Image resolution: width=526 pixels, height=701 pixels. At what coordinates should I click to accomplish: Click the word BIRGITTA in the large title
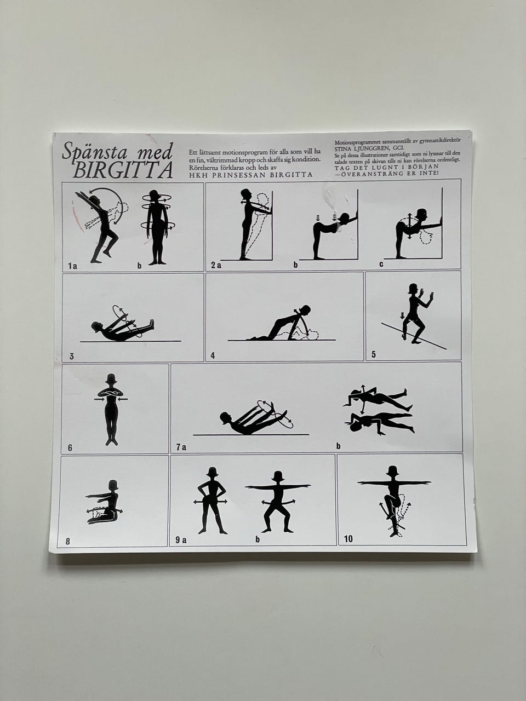pos(123,170)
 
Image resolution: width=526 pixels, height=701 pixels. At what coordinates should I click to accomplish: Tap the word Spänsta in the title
pos(95,151)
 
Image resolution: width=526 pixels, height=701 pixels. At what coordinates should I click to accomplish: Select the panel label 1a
pos(72,266)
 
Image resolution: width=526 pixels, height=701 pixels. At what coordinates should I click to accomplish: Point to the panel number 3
pos(72,356)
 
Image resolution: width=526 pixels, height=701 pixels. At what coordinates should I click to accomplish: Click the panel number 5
pos(374,354)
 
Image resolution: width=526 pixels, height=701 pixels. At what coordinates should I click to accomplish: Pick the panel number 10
pos(348,539)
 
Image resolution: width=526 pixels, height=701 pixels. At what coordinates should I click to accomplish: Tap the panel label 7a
pos(181,447)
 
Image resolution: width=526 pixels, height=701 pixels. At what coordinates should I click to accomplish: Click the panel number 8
pos(68,542)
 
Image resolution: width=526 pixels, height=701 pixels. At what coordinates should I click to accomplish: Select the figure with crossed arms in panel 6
pos(111,410)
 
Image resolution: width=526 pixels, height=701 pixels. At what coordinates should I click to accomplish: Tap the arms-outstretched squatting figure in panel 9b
pos(278,502)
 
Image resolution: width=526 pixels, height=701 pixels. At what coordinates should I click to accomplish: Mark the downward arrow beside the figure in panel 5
pos(402,316)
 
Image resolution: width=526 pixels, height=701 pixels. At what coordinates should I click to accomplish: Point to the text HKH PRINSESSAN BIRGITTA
pos(251,175)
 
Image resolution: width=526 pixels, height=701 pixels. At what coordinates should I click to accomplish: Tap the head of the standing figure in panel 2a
pos(246,194)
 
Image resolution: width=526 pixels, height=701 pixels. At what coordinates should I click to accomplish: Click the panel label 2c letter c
pos(381,265)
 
